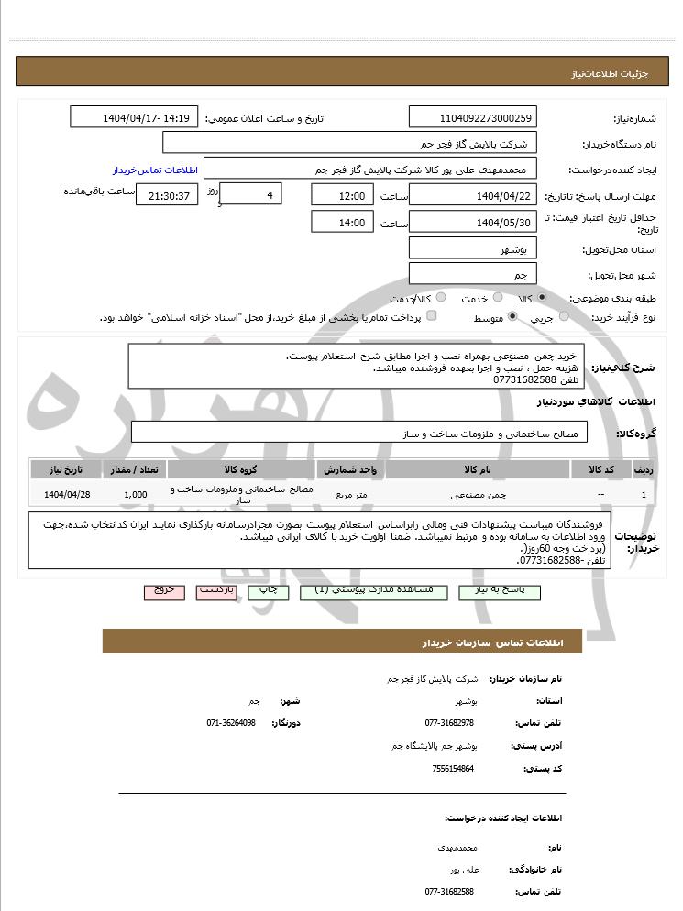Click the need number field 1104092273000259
click(x=472, y=118)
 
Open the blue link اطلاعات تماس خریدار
click(x=149, y=170)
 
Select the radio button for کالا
click(x=542, y=298)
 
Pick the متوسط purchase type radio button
click(x=512, y=317)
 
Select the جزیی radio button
click(x=564, y=317)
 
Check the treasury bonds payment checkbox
click(x=432, y=317)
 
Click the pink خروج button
click(x=164, y=592)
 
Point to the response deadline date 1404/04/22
click(x=472, y=195)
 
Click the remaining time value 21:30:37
click(x=167, y=196)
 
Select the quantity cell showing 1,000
click(x=135, y=495)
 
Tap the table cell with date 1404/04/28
click(x=66, y=495)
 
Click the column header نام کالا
click(x=478, y=469)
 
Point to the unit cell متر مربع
click(x=350, y=495)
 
